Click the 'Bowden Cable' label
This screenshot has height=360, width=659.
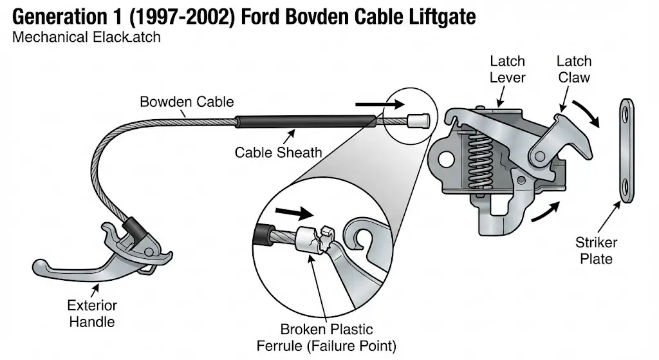tap(187, 102)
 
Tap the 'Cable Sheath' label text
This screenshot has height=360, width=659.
tap(278, 153)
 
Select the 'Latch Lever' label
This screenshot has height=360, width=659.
tap(507, 70)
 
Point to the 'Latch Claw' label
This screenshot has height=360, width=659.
tap(573, 70)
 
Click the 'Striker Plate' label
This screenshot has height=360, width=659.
tap(596, 251)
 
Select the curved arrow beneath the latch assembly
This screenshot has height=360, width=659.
tap(544, 211)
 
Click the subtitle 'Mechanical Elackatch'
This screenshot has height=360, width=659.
tap(86, 37)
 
